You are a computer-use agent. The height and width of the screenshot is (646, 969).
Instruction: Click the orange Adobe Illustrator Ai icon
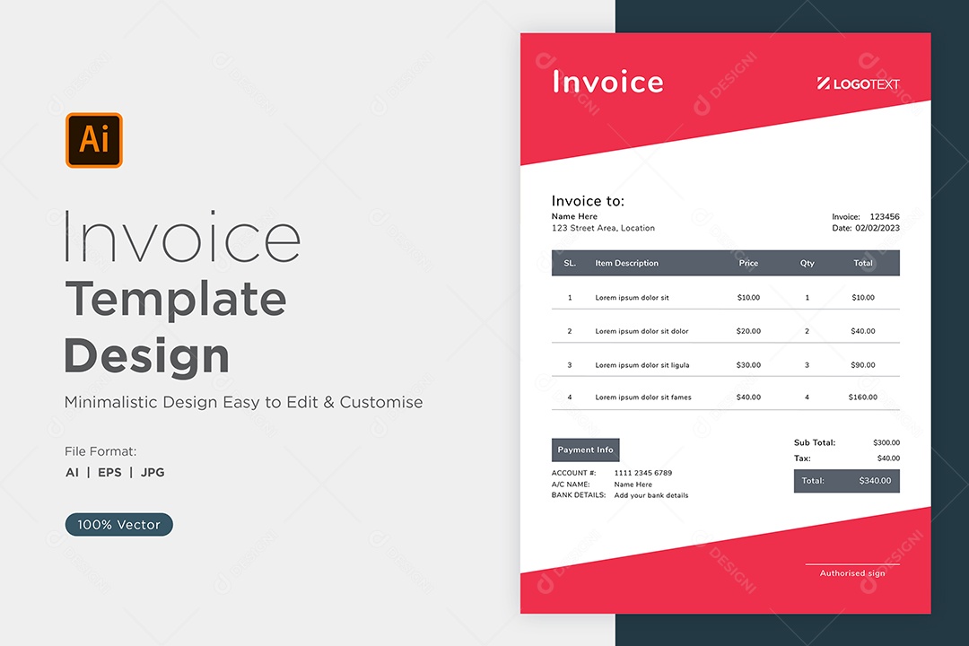click(x=94, y=140)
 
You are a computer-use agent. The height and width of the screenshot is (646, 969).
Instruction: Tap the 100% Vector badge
click(x=118, y=524)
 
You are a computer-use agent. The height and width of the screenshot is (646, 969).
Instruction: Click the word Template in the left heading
click(x=176, y=299)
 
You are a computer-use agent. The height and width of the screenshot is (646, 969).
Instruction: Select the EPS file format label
click(x=110, y=472)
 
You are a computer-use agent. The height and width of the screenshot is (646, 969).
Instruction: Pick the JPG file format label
click(x=153, y=472)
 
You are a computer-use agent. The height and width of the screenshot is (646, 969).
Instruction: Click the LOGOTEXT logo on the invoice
click(x=859, y=83)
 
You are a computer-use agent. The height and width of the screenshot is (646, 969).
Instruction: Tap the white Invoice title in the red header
click(x=608, y=82)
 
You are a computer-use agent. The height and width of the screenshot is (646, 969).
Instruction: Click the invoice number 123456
click(x=885, y=216)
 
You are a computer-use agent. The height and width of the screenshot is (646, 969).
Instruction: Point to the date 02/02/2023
click(x=877, y=228)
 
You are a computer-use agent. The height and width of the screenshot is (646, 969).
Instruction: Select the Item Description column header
click(x=626, y=263)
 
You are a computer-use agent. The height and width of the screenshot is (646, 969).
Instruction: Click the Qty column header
click(x=807, y=263)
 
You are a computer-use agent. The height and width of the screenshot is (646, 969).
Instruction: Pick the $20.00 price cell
click(x=748, y=331)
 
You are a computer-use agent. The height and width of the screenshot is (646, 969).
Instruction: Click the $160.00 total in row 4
click(x=863, y=397)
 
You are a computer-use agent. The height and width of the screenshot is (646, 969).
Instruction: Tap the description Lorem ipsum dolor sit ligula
click(x=642, y=365)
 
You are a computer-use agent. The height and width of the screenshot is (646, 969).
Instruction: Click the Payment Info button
click(x=585, y=450)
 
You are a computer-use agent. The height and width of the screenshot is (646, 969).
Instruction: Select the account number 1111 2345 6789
click(x=642, y=473)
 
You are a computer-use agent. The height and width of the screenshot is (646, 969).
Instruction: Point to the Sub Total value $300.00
click(x=886, y=442)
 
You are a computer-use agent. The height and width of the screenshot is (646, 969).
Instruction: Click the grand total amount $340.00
click(x=875, y=480)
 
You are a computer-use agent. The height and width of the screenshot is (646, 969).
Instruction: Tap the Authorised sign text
click(x=852, y=573)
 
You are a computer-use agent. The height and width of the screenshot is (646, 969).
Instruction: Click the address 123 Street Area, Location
click(x=603, y=228)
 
